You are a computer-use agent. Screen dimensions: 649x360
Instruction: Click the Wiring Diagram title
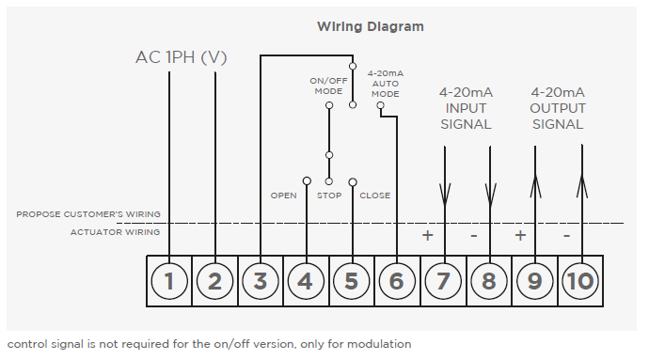(370, 27)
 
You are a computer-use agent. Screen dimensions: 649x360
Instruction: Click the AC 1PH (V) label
(182, 57)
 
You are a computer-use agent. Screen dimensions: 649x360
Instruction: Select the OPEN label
(283, 196)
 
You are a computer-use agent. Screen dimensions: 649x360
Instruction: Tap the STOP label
(329, 196)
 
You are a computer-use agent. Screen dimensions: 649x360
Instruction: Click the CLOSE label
(375, 196)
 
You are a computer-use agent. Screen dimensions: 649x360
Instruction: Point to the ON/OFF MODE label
(328, 86)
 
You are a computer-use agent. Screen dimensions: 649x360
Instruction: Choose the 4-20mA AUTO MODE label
(386, 84)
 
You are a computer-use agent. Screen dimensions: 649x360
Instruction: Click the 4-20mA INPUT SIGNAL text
(466, 108)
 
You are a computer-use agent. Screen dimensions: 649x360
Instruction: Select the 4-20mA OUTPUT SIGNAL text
(558, 108)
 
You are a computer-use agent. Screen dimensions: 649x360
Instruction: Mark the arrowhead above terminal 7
(445, 196)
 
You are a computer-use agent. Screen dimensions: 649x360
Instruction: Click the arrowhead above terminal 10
(582, 186)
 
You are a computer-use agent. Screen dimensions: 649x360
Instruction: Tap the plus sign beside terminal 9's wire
(520, 235)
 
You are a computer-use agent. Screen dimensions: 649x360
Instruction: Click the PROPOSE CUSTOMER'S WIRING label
(88, 214)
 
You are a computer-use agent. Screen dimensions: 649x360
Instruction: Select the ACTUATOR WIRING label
(115, 232)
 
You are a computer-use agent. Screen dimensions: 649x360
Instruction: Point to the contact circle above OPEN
(307, 180)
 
